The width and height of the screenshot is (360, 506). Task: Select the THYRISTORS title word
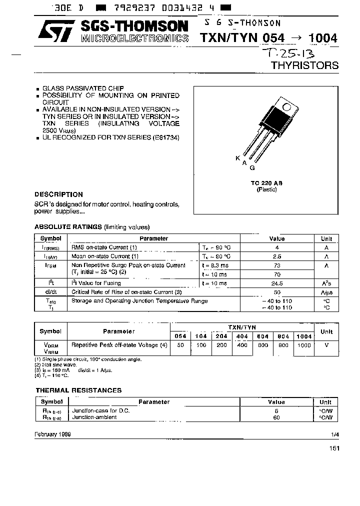tap(304, 65)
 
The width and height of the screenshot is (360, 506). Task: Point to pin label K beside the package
tap(237, 157)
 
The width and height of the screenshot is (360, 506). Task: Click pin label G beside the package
tap(252, 168)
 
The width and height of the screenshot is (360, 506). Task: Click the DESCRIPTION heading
tap(58, 194)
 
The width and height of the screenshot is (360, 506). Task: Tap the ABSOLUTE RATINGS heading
tap(68, 226)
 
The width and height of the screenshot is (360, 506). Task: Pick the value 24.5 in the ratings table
tap(277, 283)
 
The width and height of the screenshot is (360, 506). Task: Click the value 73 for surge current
tap(277, 265)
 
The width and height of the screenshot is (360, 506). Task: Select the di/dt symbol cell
tap(50, 292)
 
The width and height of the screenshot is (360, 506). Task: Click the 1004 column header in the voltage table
tap(303, 336)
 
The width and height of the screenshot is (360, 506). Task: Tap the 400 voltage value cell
tap(242, 345)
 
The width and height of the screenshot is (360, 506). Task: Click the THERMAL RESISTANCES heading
tap(78, 390)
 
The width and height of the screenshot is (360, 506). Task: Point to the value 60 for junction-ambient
tap(276, 417)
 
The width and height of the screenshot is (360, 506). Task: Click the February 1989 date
tap(52, 434)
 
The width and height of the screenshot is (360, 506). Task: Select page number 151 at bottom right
tap(334, 448)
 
